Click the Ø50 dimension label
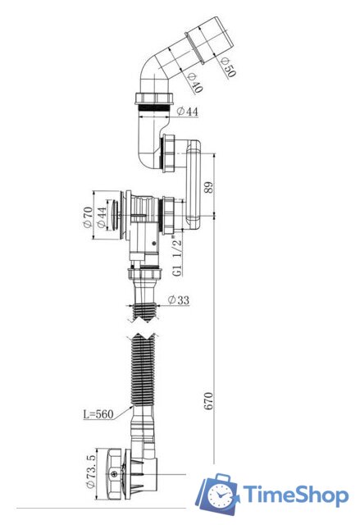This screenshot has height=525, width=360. [229, 67]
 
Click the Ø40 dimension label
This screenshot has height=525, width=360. [194, 83]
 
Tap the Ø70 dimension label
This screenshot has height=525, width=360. [88, 217]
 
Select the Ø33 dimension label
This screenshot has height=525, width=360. [179, 299]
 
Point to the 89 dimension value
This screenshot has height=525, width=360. [207, 187]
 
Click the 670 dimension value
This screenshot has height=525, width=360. [207, 401]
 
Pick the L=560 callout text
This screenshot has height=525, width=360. [98, 414]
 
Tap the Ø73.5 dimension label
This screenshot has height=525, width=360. [91, 471]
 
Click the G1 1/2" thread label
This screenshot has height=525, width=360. [178, 256]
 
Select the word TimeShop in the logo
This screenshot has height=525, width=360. [295, 495]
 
